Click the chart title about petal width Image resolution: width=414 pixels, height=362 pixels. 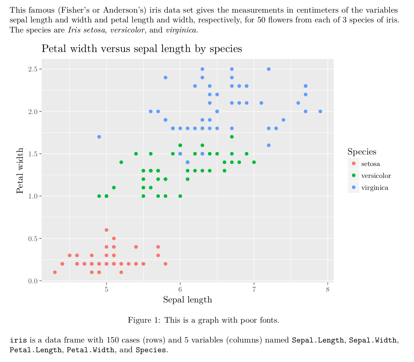point(141,48)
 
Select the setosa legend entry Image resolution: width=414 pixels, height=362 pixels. point(370,164)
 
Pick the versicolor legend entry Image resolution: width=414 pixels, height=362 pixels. point(376,176)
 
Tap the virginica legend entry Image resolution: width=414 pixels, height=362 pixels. point(374,188)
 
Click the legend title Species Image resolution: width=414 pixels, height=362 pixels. point(362,152)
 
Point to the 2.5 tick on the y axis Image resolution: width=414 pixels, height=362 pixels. point(33,69)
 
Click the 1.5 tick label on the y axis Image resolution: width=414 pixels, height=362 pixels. point(33,154)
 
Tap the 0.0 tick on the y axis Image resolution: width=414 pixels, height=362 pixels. point(33,281)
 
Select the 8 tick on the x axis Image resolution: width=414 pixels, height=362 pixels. point(328,289)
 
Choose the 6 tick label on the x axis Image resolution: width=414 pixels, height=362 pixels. point(180,289)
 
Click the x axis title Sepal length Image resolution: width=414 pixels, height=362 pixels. point(187,300)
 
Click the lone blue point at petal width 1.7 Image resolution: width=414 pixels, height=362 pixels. point(99,137)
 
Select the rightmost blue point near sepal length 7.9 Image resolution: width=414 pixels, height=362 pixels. point(320,111)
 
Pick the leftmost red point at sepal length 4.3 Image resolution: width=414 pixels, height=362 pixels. point(55,272)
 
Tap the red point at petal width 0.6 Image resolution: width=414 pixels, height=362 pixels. point(106,230)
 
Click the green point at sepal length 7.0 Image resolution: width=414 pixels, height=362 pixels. point(254,162)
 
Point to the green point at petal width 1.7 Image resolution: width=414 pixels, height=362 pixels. point(232,137)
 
